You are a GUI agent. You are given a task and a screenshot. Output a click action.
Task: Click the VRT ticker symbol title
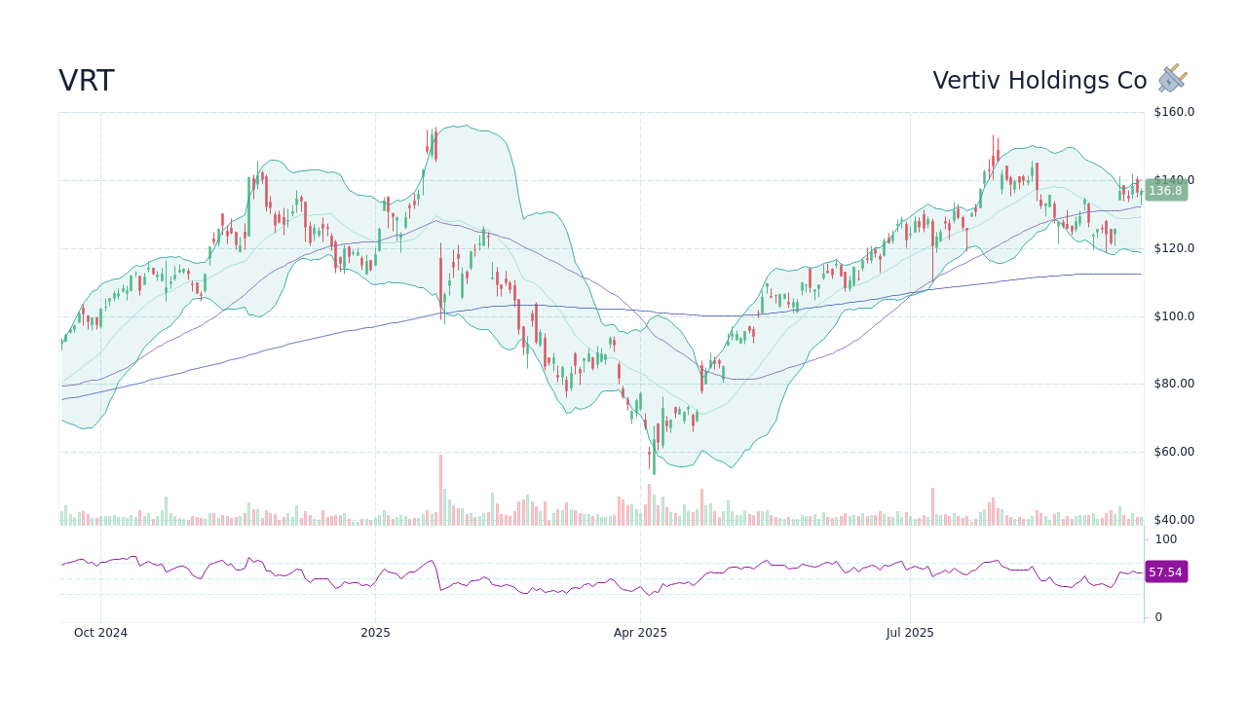86,82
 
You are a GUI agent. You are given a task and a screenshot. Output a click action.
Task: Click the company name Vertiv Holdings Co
1039,82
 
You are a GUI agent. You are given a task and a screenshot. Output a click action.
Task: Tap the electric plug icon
1173,79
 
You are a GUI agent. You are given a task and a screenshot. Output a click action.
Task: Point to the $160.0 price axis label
1173,112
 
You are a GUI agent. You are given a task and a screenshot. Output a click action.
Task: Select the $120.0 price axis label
1173,248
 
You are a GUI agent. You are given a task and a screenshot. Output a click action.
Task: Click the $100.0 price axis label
1173,316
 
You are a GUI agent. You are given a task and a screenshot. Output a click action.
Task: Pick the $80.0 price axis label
1173,384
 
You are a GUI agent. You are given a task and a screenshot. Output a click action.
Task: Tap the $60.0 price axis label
1173,452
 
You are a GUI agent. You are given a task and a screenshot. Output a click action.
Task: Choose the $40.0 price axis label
1173,520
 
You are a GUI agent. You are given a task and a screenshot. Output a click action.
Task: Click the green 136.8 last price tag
1165,191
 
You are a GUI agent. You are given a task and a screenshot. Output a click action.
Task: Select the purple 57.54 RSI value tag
1165,572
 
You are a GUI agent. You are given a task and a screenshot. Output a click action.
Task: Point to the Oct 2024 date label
100,633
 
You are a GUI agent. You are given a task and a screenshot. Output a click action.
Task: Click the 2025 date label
375,633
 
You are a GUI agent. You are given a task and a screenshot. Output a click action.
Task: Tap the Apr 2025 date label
640,633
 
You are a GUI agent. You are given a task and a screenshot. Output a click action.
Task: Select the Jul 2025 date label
910,633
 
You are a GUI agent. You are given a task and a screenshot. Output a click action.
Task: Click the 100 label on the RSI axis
1165,539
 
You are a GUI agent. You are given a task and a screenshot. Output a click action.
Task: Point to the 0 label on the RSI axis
1158,617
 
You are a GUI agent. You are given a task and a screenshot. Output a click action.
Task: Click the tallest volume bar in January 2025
440,491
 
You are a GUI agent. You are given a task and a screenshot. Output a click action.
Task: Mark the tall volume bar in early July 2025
932,506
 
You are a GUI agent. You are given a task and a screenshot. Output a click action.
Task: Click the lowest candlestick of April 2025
654,460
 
